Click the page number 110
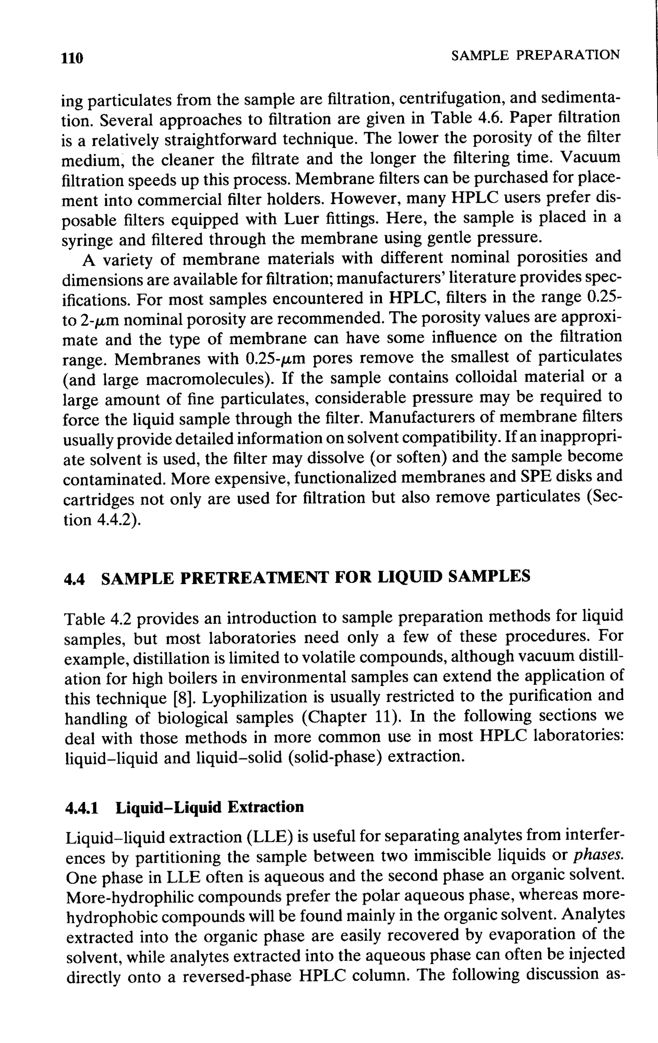pyautogui.click(x=72, y=58)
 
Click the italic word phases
pyautogui.click(x=598, y=856)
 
